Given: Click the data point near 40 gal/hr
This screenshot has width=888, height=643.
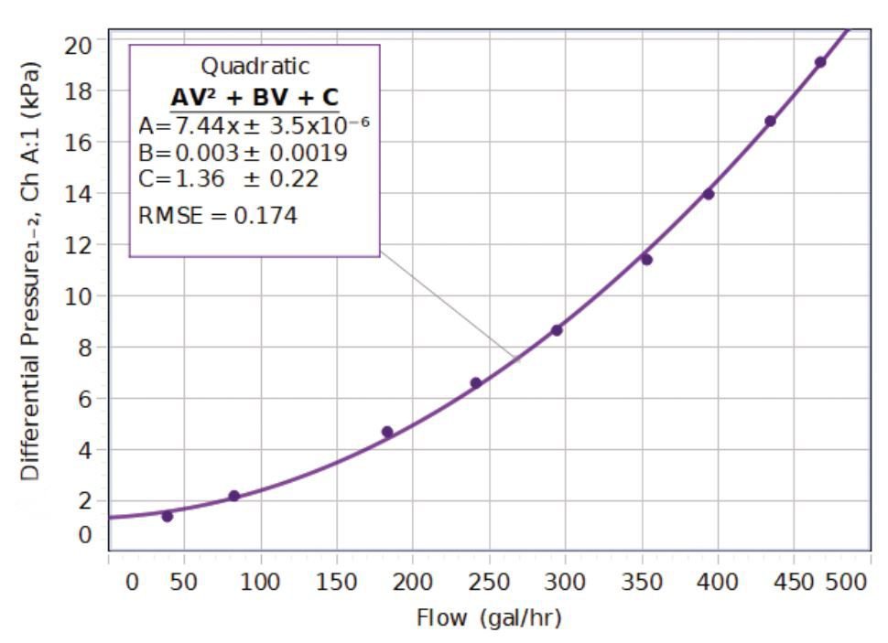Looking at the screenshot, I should coord(168,516).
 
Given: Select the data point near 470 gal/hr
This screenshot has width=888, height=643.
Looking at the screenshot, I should coord(820,62).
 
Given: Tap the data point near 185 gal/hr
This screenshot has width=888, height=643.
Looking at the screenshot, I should coord(387,432).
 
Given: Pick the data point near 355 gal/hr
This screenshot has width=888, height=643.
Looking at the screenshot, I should coord(646,259).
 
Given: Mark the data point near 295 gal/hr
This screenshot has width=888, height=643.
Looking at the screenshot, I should coord(557,330).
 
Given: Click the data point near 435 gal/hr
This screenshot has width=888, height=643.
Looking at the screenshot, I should coord(771,121).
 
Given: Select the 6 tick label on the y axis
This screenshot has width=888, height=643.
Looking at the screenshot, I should coord(89,399).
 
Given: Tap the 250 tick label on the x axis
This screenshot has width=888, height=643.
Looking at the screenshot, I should coord(488,582).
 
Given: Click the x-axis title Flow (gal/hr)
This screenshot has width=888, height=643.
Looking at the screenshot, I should coord(489,618).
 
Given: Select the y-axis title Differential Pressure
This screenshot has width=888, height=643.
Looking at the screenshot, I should coord(30,273).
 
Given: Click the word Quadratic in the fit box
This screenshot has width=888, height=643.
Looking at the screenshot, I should coord(255,67).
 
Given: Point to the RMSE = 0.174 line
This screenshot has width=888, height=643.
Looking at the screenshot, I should coord(218,217).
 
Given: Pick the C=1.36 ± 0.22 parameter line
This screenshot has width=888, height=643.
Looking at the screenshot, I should coord(228,179).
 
